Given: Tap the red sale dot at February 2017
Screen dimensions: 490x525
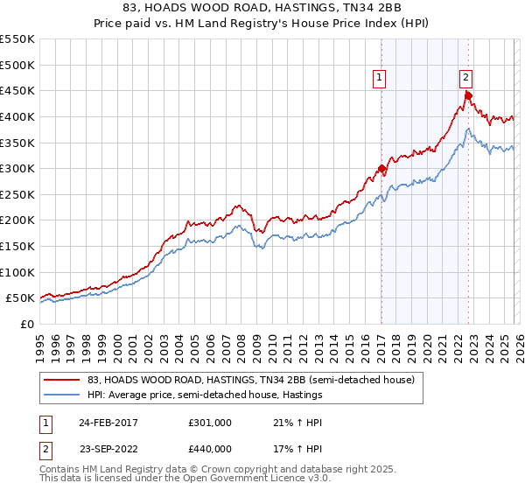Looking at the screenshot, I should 381,168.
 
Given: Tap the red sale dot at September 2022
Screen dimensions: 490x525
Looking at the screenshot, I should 468,95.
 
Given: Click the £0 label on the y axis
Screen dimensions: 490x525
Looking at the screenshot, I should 26,324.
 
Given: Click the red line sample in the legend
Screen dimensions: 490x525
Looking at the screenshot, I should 63,380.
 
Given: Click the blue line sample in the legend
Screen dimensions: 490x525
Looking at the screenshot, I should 63,395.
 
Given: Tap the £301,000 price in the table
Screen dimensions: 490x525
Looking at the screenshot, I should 210,423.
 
